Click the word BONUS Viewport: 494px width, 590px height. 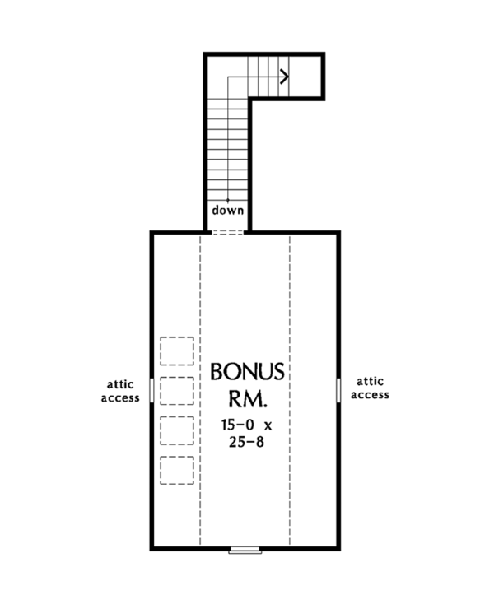[x=248, y=372]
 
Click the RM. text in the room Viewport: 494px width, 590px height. [x=248, y=401]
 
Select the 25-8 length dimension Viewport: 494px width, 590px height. [x=247, y=441]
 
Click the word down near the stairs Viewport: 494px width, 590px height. [x=228, y=210]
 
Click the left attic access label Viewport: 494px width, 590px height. [x=120, y=390]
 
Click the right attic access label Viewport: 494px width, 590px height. [x=370, y=388]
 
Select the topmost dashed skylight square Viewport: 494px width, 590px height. [x=177, y=351]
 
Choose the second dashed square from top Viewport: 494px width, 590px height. [x=177, y=391]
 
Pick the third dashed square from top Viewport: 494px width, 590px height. [x=177, y=430]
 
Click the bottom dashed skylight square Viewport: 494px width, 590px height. [x=177, y=470]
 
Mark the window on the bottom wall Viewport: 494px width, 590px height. [x=245, y=548]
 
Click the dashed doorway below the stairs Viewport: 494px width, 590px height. [x=228, y=232]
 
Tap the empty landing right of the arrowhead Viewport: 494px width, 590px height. [x=306, y=77]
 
